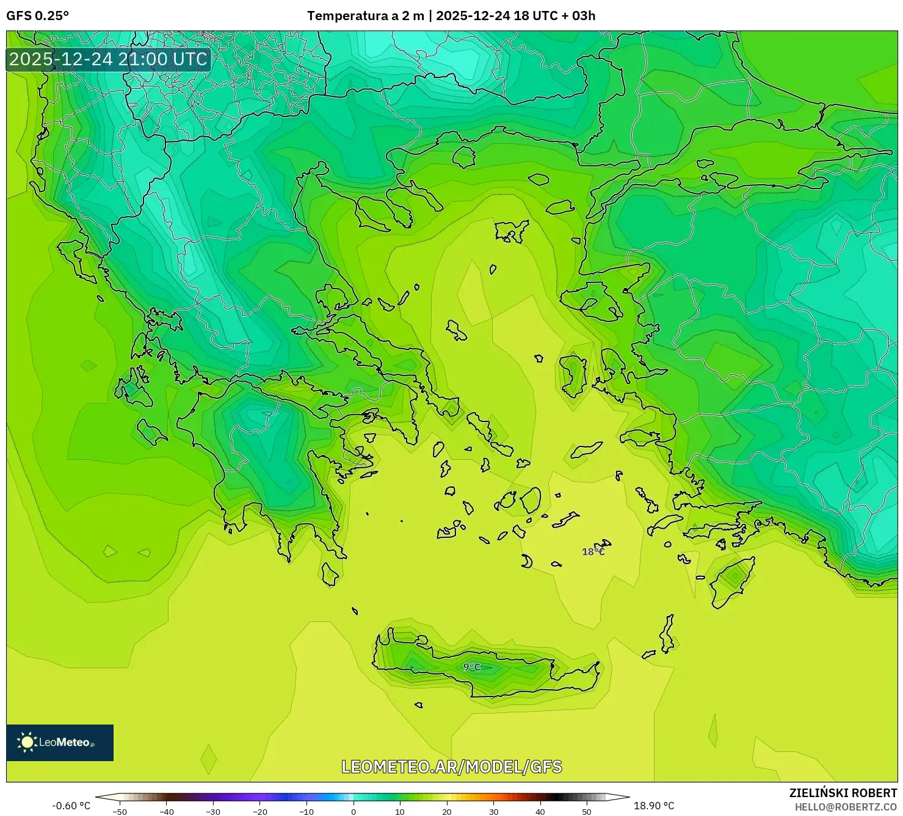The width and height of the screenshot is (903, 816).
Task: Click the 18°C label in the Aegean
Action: (x=593, y=552)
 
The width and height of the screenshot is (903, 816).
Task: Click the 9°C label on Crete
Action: (x=471, y=667)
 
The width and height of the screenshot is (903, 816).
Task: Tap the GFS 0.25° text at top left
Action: (x=38, y=16)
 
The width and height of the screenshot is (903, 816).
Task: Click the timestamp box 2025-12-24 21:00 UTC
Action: (x=109, y=59)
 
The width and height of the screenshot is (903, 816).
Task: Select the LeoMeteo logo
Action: (x=60, y=742)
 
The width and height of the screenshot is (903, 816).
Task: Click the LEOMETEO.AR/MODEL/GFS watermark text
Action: (x=451, y=767)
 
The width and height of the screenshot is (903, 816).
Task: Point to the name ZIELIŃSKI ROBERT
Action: (x=843, y=793)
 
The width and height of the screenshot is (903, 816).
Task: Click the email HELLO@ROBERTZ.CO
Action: (x=845, y=807)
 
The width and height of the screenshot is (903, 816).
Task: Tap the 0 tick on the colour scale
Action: (x=354, y=811)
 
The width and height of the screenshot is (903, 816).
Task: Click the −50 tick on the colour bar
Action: (x=120, y=811)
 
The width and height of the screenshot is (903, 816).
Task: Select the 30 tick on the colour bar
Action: (x=493, y=811)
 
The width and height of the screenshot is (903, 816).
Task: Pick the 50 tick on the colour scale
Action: (x=587, y=811)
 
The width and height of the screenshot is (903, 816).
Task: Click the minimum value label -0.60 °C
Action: (x=71, y=806)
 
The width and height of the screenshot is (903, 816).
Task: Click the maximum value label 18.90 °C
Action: (x=654, y=806)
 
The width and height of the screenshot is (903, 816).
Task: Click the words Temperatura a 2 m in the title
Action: (x=365, y=16)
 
